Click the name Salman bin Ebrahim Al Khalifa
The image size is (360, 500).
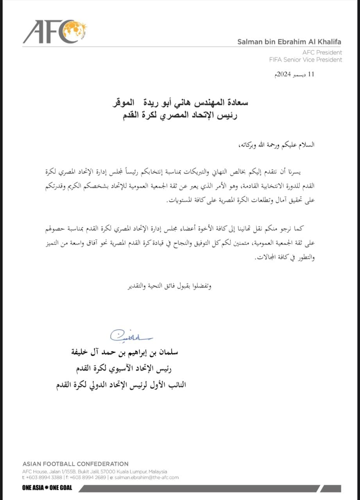coord(290,42)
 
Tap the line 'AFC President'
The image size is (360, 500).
coord(322,52)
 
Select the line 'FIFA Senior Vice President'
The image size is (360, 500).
coord(305,60)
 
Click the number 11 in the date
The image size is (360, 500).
coord(311,75)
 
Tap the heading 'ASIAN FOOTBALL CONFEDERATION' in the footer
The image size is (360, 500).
coord(75,464)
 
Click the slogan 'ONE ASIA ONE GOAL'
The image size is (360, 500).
coord(47,488)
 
